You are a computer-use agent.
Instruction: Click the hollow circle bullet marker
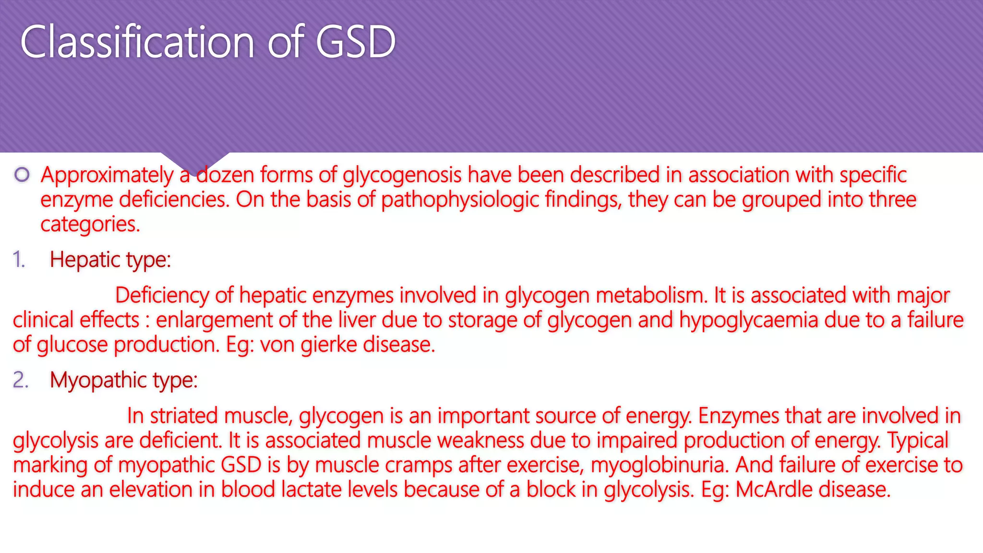tap(22, 175)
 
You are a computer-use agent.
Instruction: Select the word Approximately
tap(107, 175)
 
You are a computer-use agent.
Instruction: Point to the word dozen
tap(226, 175)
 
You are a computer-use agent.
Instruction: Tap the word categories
tap(90, 224)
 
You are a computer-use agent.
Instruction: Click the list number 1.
tap(18, 260)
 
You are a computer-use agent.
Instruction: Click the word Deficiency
tap(162, 295)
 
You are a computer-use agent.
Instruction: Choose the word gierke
tap(329, 345)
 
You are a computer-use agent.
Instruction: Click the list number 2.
tap(20, 380)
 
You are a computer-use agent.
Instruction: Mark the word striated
tap(184, 416)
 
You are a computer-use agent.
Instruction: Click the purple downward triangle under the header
tap(194, 161)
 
